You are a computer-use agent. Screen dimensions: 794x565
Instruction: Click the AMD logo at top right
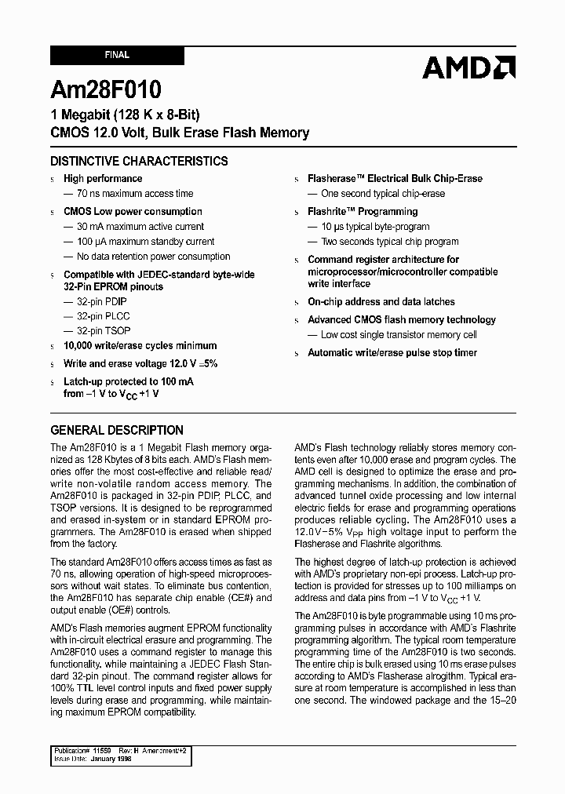point(468,67)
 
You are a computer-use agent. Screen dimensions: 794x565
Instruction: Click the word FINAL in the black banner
point(117,56)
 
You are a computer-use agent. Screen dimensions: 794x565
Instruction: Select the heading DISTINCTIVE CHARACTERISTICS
point(139,162)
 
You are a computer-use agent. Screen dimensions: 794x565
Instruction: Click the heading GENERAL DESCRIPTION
point(117,430)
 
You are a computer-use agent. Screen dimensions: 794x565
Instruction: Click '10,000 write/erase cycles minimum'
point(140,346)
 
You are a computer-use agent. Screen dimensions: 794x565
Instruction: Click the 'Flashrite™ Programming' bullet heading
point(363,212)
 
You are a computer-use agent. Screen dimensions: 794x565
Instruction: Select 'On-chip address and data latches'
point(381,302)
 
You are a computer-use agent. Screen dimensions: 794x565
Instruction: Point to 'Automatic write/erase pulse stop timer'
point(392,353)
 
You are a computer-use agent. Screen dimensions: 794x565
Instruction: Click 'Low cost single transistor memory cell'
point(399,335)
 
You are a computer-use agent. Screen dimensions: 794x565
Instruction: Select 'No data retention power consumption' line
point(153,257)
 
